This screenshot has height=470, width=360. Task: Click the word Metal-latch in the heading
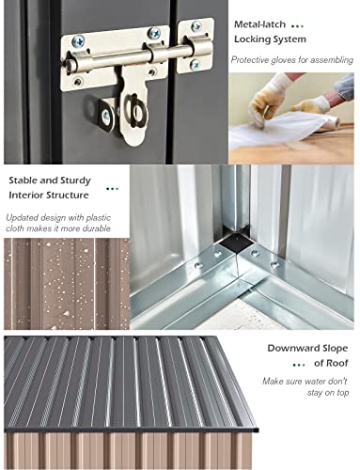(x=259, y=24)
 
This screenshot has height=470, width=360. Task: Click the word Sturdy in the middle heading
(x=75, y=180)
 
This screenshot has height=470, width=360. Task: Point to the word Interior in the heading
(x=26, y=195)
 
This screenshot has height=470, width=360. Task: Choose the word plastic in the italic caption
(x=98, y=217)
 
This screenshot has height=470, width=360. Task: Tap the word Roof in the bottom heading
(x=337, y=363)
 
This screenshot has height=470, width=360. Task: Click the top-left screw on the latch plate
(x=78, y=41)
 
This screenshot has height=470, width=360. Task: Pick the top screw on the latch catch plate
(x=196, y=25)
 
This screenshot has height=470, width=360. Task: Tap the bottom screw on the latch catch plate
(x=195, y=65)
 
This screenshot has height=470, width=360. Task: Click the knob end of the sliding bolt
(x=70, y=65)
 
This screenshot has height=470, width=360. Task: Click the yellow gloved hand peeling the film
(x=266, y=101)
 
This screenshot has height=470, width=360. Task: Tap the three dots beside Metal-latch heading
(x=297, y=26)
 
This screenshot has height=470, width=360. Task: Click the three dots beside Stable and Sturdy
(x=112, y=189)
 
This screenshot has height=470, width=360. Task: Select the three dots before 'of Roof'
(x=299, y=365)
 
